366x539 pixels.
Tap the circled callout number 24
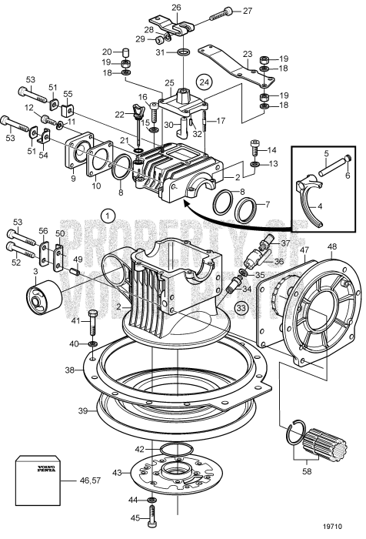[204, 80]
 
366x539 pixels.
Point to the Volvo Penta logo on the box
[38, 469]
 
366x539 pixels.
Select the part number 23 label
[248, 54]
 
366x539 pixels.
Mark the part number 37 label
[286, 243]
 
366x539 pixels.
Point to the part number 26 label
[176, 8]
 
